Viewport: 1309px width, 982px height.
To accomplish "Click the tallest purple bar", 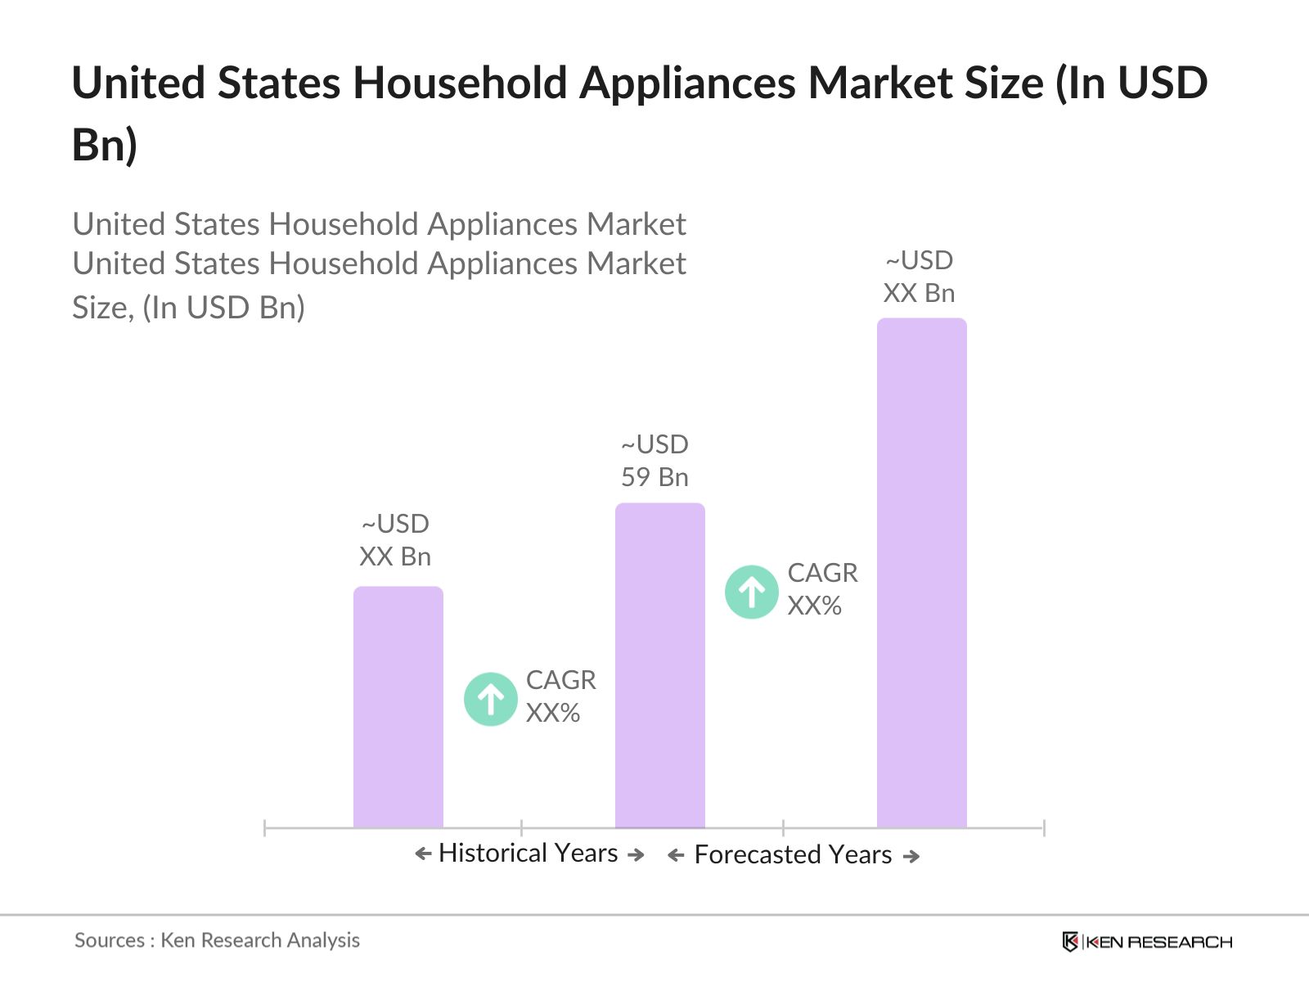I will pos(921,573).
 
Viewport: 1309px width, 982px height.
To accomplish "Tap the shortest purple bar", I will pos(398,707).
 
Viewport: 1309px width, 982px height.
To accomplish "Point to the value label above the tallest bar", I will pos(919,277).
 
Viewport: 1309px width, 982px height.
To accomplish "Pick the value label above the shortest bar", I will pos(395,540).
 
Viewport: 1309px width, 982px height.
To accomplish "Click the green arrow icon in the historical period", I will pos(490,699).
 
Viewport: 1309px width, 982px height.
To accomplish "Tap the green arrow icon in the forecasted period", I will pos(751,592).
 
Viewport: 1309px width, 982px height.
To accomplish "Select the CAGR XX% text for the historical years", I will pos(560,696).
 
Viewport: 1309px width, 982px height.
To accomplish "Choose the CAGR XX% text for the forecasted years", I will pos(822,589).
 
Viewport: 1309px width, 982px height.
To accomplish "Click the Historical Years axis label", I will pos(528,853).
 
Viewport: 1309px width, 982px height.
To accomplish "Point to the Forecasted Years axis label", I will pos(793,854).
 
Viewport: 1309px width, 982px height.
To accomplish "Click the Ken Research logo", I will pos(1146,942).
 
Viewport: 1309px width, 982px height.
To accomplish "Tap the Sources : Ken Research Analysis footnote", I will pos(217,940).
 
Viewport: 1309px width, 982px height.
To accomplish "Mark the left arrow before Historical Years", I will pos(423,854).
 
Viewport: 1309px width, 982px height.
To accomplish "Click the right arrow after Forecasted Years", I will pos(911,856).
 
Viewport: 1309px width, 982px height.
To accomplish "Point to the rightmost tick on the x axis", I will pos(1044,827).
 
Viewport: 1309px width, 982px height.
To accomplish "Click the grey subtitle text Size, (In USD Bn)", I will pos(188,308).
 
